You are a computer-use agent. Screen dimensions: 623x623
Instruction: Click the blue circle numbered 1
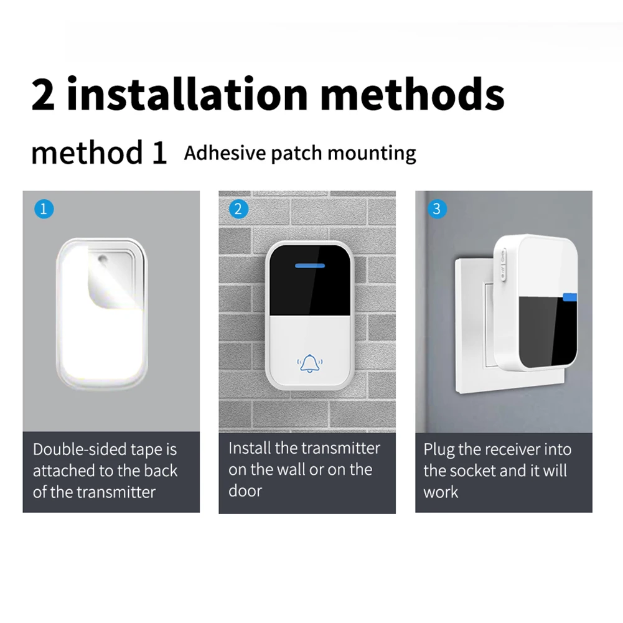[44, 209]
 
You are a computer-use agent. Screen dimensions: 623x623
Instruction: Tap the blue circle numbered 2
[238, 209]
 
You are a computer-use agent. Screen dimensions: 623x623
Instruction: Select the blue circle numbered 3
[437, 209]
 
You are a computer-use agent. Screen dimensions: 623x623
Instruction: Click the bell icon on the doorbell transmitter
[310, 363]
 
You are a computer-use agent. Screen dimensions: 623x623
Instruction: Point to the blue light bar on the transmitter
[310, 265]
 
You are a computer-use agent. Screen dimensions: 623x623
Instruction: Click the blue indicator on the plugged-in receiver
[570, 297]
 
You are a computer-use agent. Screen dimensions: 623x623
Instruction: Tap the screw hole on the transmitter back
[103, 260]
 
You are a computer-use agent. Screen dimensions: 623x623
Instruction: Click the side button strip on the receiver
[503, 264]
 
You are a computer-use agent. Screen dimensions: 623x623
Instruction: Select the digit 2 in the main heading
[42, 95]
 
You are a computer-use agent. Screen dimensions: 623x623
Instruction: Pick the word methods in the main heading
[413, 94]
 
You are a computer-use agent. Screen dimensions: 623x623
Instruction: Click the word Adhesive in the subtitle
[225, 153]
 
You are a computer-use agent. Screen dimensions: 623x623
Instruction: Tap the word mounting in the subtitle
[372, 154]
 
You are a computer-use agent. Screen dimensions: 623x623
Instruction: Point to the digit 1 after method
[159, 152]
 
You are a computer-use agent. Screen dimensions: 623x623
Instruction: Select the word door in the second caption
[245, 490]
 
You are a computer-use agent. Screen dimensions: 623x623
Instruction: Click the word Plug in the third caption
[439, 450]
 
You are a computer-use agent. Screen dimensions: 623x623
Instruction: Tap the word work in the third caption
[441, 492]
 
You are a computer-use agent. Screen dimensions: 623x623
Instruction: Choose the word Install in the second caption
[249, 448]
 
